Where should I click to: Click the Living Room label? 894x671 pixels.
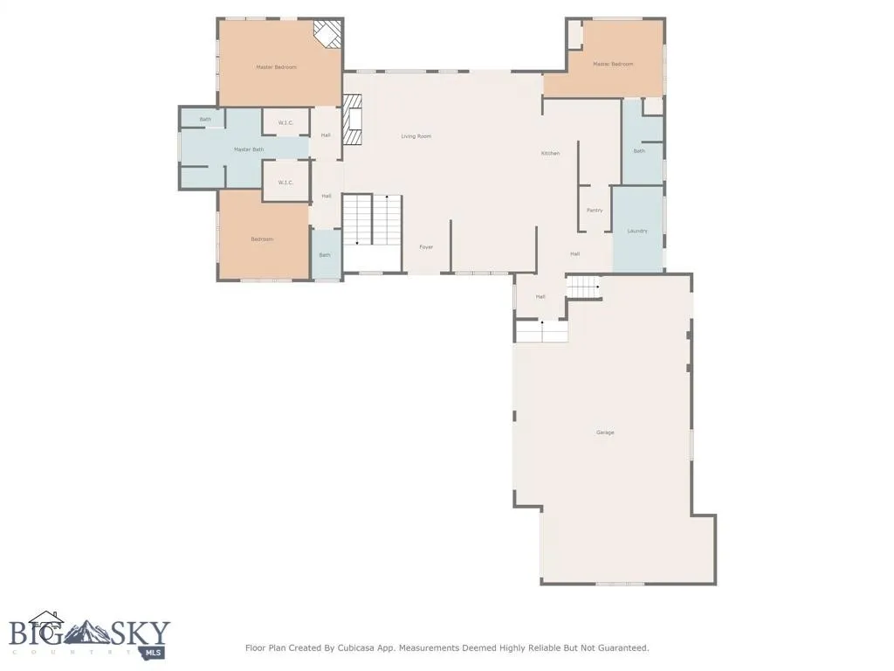416,136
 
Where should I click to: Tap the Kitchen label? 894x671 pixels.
550,154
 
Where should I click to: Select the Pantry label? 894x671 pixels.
595,211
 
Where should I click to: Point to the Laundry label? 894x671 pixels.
637,231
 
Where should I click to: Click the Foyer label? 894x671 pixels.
426,247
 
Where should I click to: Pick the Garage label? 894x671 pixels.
605,432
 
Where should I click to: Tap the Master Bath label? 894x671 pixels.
248,149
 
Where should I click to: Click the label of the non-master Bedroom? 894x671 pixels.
262,239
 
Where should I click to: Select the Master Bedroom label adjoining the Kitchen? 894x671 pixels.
613,64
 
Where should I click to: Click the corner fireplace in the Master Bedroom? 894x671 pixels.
328,35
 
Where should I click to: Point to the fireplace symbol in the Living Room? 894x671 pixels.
351,121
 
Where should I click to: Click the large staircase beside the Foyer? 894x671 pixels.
372,220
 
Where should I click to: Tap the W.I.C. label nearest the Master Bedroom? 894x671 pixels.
285,122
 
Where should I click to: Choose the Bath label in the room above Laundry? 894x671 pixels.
639,151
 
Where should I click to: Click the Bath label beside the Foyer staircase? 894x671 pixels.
325,255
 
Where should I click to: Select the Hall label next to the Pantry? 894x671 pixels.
575,254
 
